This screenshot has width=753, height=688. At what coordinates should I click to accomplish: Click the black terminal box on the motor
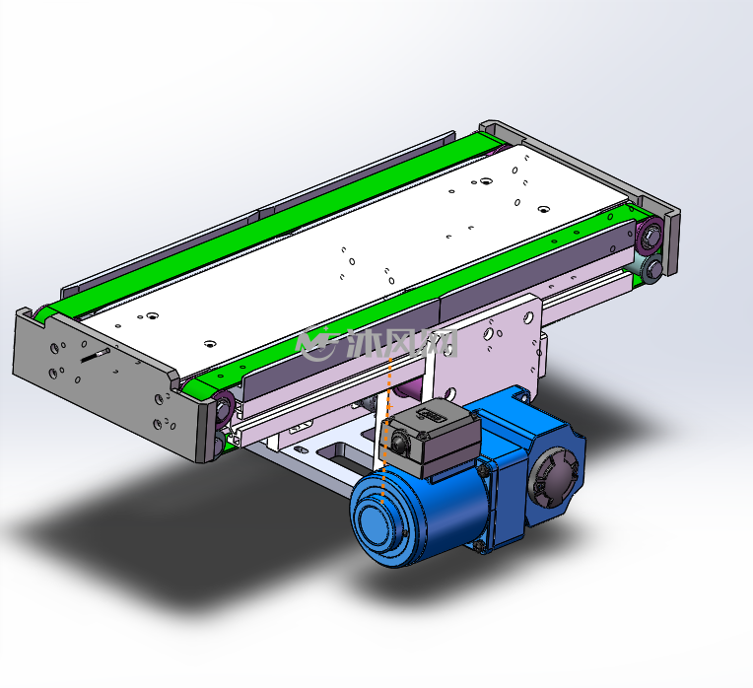(429, 438)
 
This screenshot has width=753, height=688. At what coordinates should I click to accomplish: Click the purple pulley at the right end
(650, 237)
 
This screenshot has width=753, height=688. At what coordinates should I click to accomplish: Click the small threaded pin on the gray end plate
(96, 355)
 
